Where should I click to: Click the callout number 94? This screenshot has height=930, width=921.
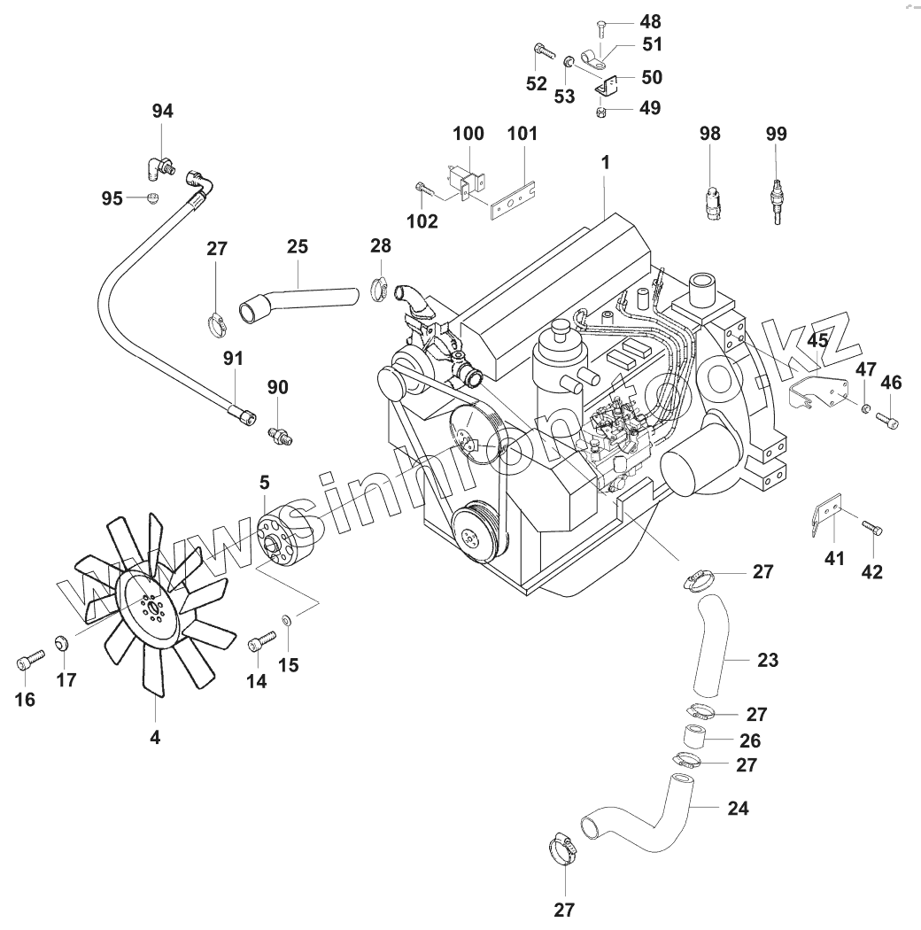(163, 111)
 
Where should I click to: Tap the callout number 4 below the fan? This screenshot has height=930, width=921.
(155, 736)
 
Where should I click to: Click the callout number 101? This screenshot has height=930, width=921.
(522, 134)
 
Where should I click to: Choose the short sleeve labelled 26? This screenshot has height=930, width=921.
(694, 737)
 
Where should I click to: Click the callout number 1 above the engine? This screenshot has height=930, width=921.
(605, 162)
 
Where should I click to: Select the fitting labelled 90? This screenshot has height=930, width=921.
(280, 433)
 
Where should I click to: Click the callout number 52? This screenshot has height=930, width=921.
(538, 84)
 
